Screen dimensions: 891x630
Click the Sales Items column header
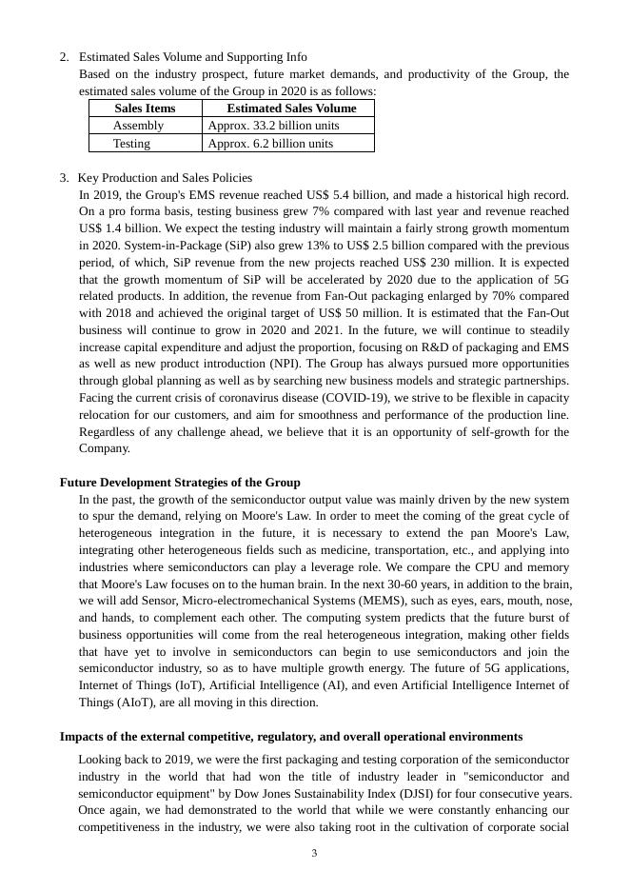tap(145, 109)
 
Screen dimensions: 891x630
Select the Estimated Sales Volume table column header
tap(291, 109)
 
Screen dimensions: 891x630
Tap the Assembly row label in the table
tap(138, 126)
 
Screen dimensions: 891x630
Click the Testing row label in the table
tap(131, 144)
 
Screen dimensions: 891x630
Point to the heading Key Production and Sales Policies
tap(165, 178)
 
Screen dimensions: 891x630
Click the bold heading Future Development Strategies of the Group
tap(180, 483)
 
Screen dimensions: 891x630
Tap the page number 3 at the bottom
tap(314, 854)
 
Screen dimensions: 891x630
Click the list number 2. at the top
tap(64, 58)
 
